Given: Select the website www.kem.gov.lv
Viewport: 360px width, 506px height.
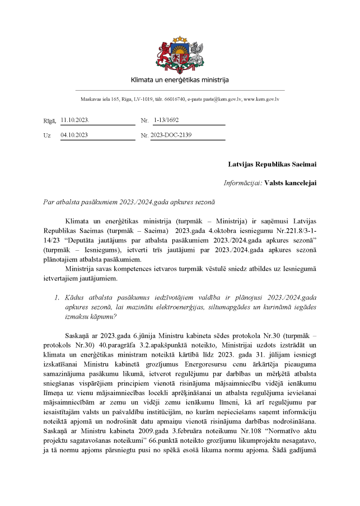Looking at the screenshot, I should (x=261, y=99).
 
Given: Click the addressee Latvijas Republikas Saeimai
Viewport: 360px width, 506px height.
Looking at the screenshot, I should (x=272, y=165).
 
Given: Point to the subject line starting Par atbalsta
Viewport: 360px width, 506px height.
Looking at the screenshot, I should (x=129, y=202).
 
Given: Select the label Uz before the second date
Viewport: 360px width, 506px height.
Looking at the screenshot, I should (x=46, y=135).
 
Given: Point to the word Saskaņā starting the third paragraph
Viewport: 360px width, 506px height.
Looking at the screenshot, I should (x=78, y=334).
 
